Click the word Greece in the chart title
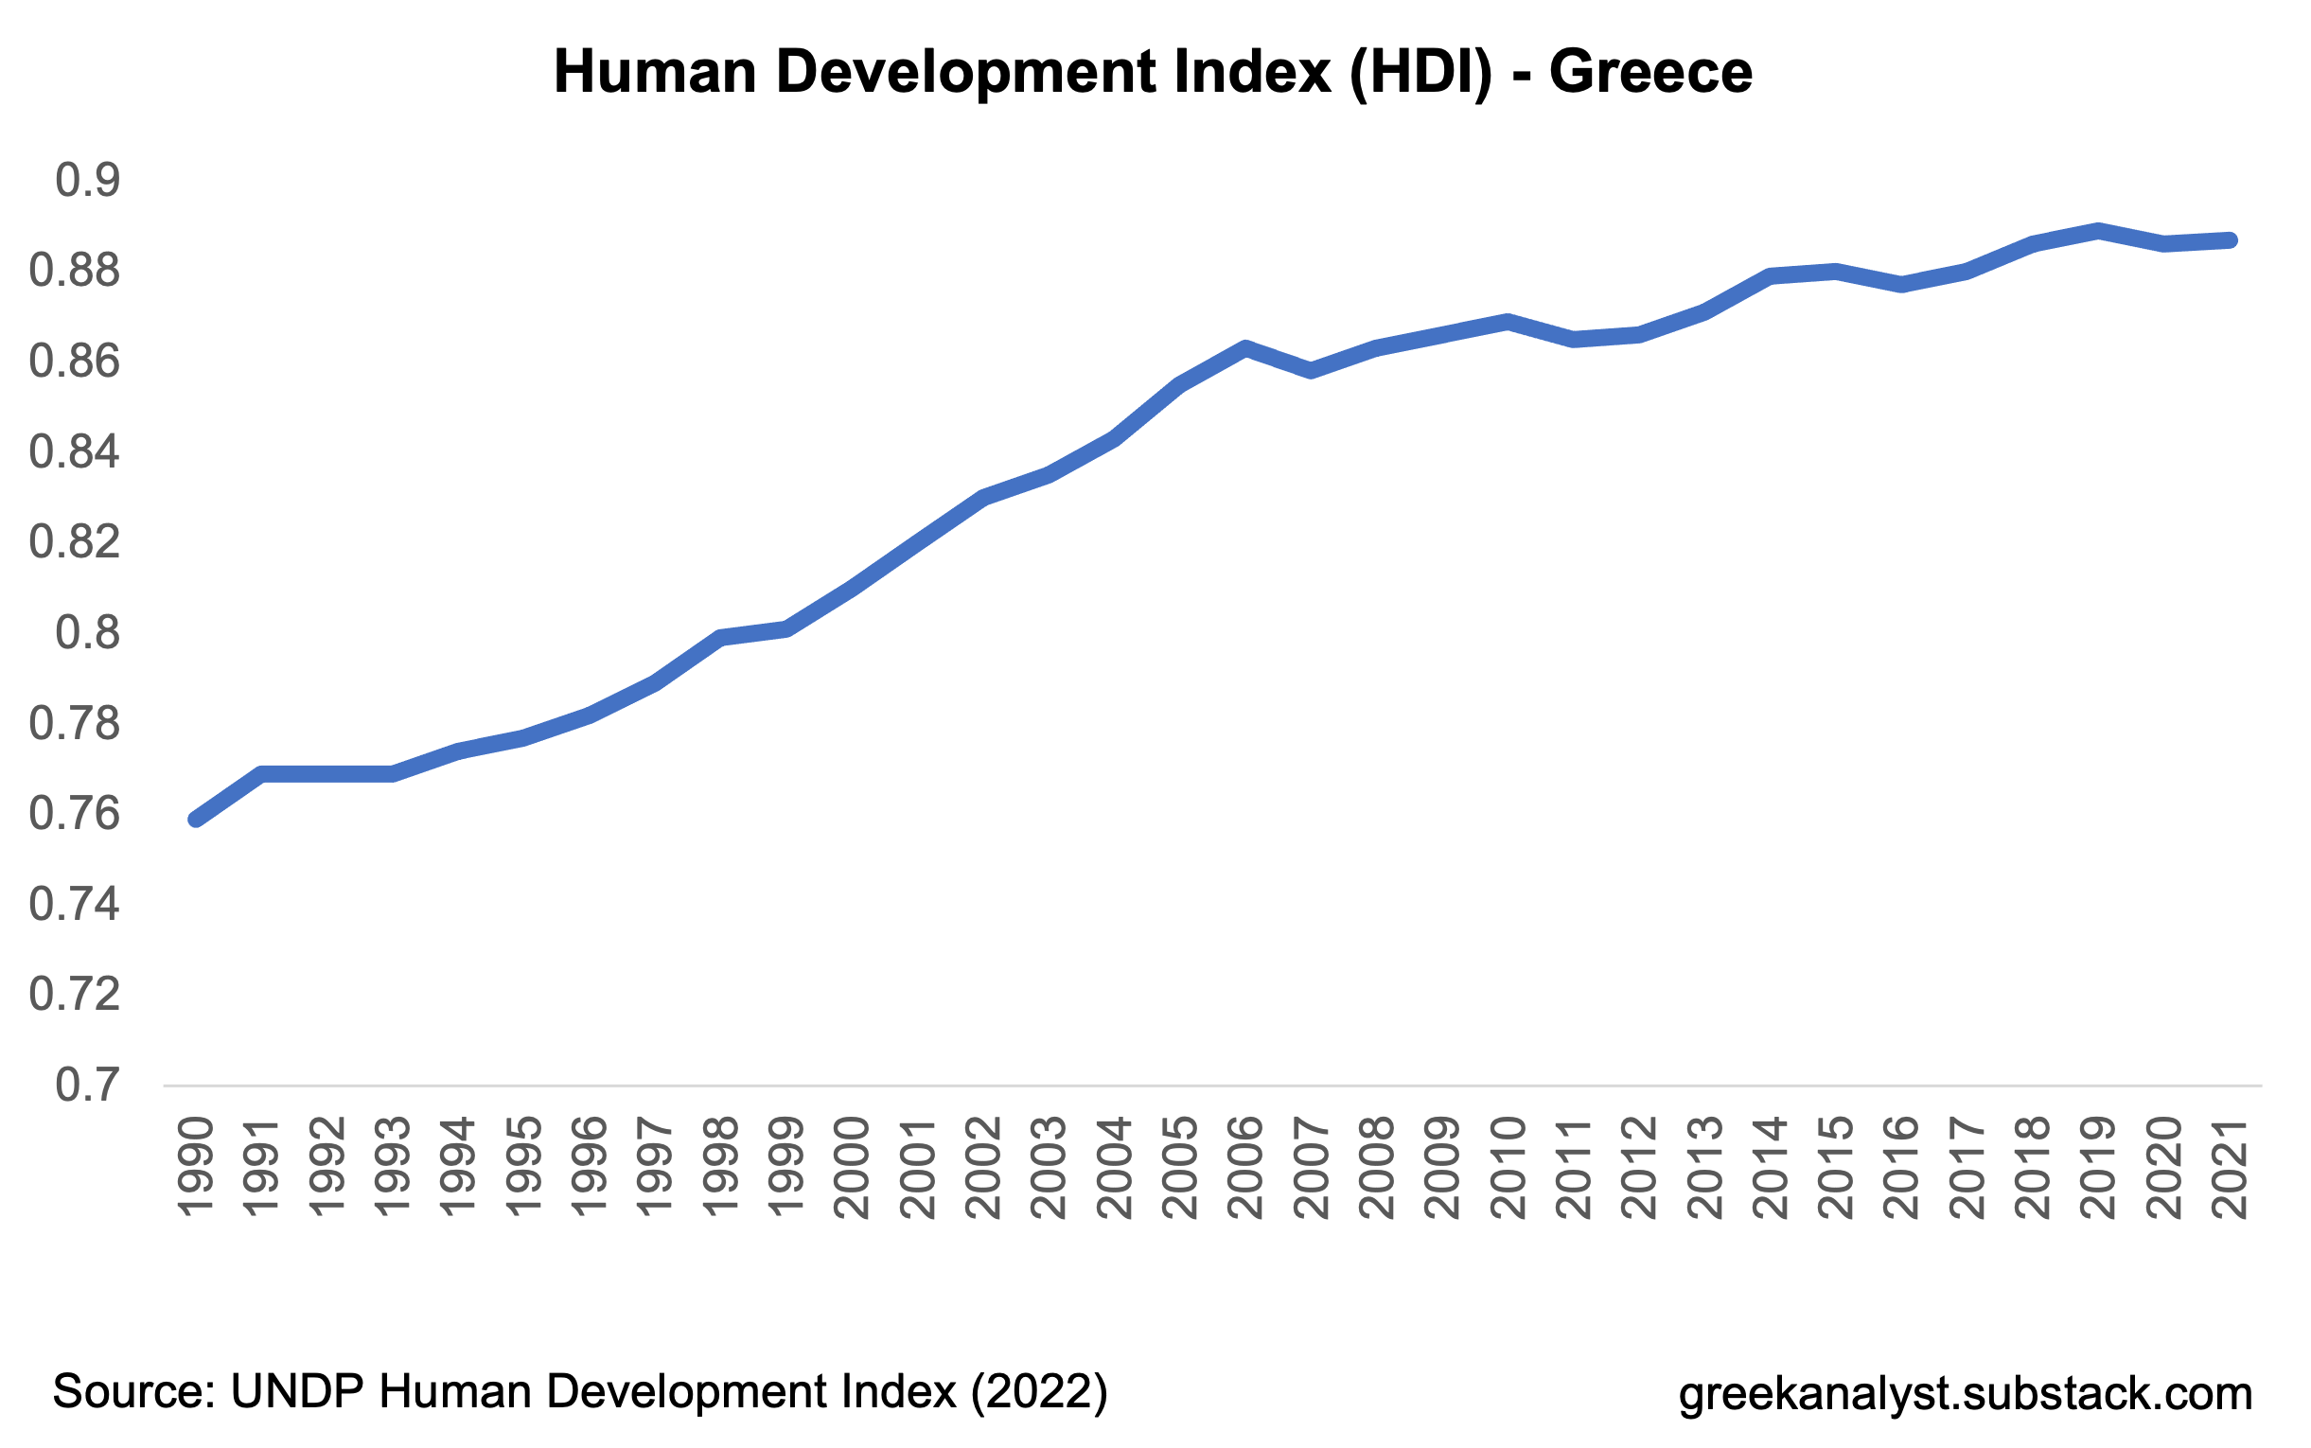[1650, 72]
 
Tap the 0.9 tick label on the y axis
[88, 180]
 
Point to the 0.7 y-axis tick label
[88, 1085]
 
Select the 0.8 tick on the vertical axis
[88, 632]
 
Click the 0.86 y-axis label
[75, 361]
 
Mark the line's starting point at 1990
[196, 819]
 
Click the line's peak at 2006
[1245, 347]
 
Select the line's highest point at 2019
[2098, 230]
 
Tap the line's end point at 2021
[2231, 240]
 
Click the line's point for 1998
[721, 637]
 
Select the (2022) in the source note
[1040, 1391]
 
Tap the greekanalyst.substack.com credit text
[1966, 1393]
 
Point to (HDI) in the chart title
[1420, 72]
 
